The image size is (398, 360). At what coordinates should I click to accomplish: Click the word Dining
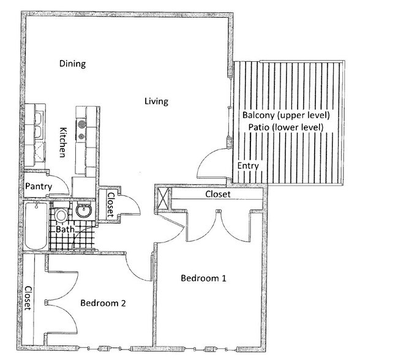point(72,64)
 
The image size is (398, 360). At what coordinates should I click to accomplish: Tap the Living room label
point(156,101)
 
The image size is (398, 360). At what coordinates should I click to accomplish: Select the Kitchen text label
point(62,142)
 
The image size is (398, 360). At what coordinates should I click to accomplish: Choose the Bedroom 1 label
point(203,279)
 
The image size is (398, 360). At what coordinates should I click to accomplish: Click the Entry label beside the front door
point(248,166)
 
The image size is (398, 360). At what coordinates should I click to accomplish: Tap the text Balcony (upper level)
point(286,115)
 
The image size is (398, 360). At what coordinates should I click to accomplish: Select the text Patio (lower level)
point(286,127)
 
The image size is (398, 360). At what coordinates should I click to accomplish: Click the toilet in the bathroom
point(61,216)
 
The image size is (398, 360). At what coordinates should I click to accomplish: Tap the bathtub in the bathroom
point(34,227)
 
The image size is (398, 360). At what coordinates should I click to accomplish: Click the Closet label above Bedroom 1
point(217,194)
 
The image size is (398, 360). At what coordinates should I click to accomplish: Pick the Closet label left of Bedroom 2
point(28,298)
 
